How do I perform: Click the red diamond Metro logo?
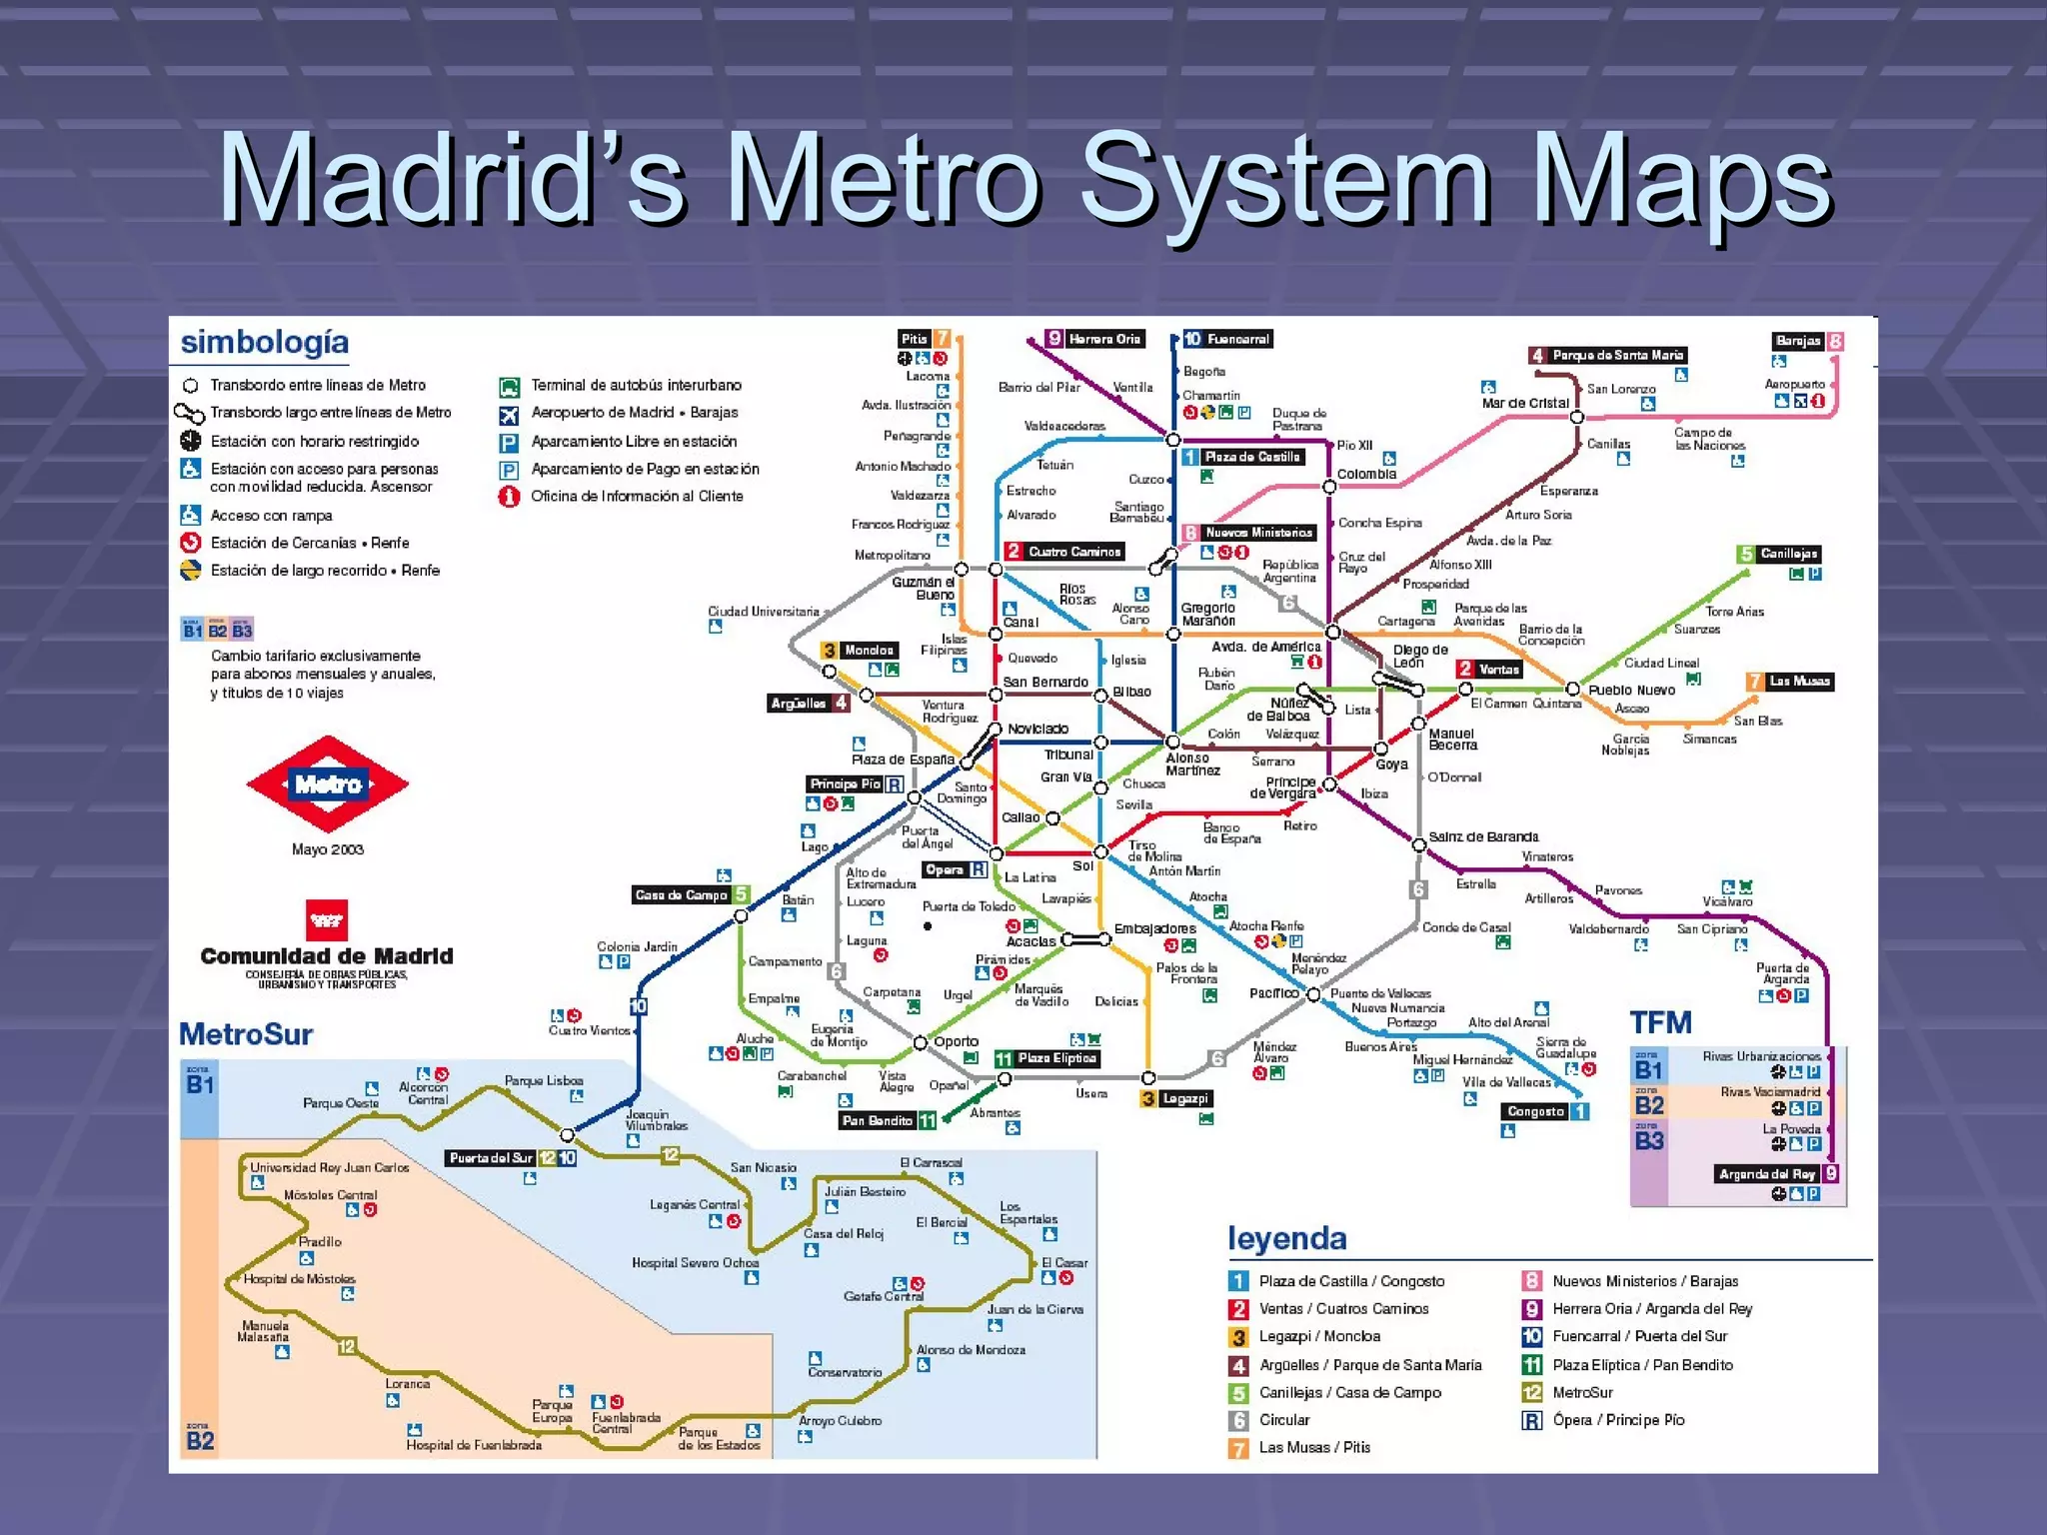tap(328, 784)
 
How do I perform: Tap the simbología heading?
tap(265, 342)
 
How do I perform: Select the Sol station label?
tap(1082, 865)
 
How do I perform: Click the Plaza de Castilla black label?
tap(1251, 457)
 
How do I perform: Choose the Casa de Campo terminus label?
tap(681, 894)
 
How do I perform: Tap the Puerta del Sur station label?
tap(491, 1158)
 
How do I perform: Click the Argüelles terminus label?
tap(799, 703)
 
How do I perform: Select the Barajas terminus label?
tap(1798, 341)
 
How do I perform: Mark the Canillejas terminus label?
tap(1788, 554)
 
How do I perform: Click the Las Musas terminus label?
tap(1799, 682)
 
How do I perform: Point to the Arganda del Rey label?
tap(1766, 1174)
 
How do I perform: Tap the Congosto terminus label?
tap(1535, 1111)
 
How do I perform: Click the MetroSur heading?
tap(246, 1034)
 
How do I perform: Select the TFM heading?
tap(1660, 1022)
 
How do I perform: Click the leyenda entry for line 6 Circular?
tap(1284, 1420)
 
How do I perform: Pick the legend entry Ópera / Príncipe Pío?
tap(1618, 1420)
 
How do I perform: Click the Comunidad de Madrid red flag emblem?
tap(326, 919)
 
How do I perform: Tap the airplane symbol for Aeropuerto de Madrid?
tap(509, 415)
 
